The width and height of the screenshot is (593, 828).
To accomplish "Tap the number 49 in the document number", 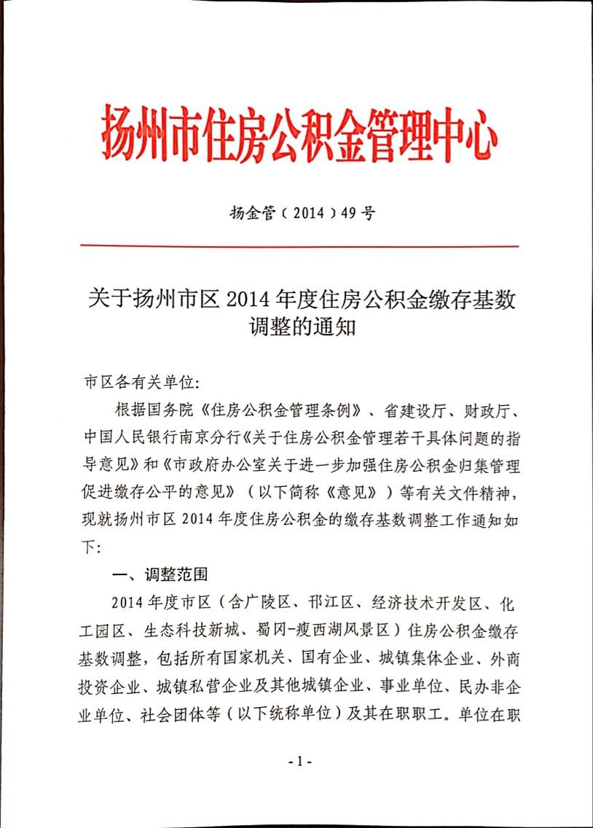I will (349, 215).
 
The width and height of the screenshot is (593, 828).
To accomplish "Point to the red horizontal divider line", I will (299, 246).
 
